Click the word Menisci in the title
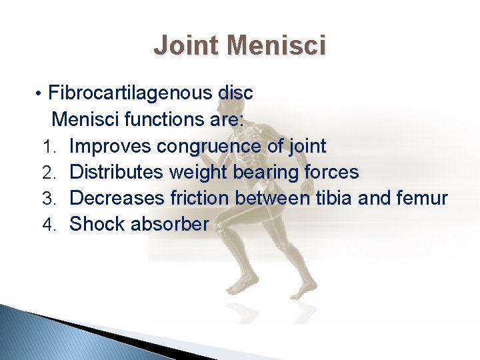click(x=276, y=46)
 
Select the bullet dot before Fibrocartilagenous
click(x=40, y=93)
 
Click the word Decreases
click(x=117, y=199)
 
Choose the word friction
click(x=198, y=199)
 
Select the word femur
click(x=423, y=199)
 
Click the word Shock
click(x=97, y=225)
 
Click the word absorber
click(x=170, y=225)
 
